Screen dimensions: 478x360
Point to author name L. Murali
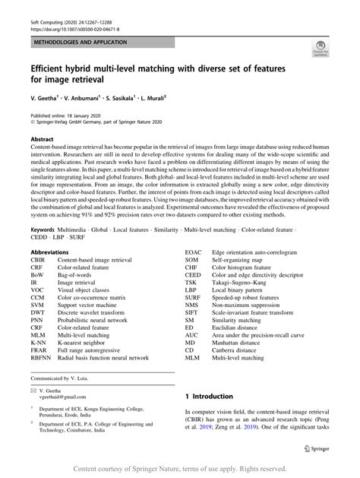(174, 98)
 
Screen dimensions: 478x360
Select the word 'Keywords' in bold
(43, 229)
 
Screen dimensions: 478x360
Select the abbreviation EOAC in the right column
(195, 252)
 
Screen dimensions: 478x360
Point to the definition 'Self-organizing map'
(240, 259)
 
